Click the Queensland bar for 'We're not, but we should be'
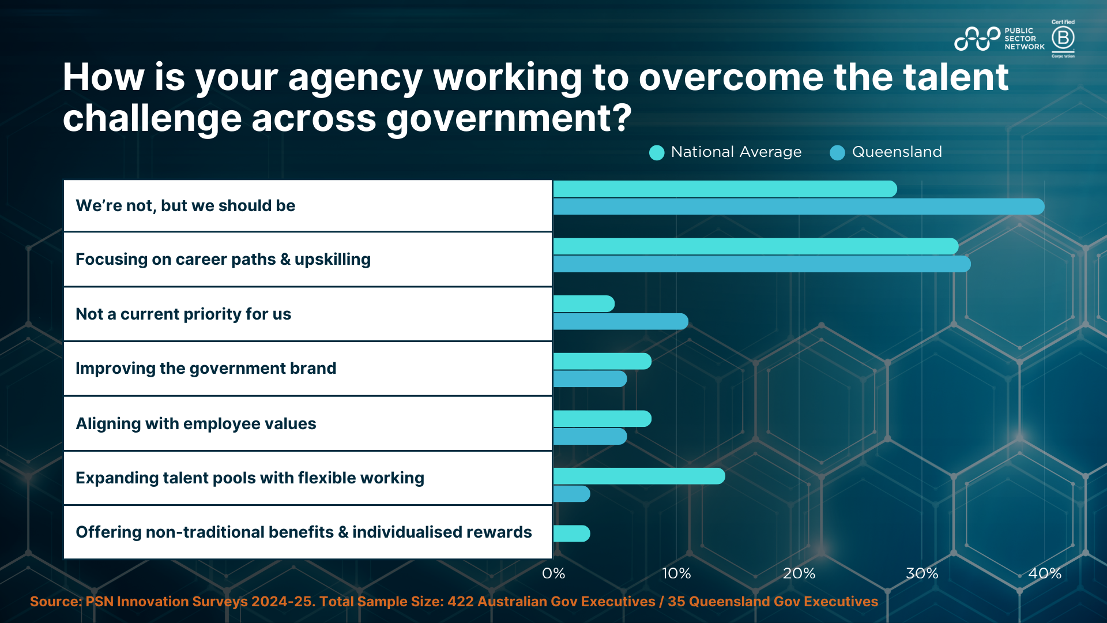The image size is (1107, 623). [x=799, y=207]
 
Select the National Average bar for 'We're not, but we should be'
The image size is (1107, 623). [x=725, y=189]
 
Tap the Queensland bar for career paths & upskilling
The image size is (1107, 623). [x=762, y=264]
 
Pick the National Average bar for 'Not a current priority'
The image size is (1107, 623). [x=583, y=304]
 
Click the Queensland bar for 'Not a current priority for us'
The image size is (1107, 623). [x=620, y=321]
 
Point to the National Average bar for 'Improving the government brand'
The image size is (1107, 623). [x=602, y=362]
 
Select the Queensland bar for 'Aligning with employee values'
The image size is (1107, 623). [x=590, y=437]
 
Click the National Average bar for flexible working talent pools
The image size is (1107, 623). [x=639, y=476]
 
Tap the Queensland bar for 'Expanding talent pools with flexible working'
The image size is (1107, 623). [x=571, y=494]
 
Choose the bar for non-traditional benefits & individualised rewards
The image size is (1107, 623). [x=571, y=534]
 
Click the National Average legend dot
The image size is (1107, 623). [x=657, y=153]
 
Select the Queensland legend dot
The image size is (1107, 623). [x=837, y=153]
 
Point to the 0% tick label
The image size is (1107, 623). [x=553, y=573]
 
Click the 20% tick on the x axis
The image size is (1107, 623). [x=799, y=573]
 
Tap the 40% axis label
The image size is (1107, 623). [x=1045, y=573]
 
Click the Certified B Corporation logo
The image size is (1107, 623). [x=1063, y=39]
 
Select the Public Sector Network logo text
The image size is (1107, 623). [x=1024, y=39]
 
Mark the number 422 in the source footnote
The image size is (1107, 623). [x=461, y=602]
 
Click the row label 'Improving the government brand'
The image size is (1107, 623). [x=206, y=369]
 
